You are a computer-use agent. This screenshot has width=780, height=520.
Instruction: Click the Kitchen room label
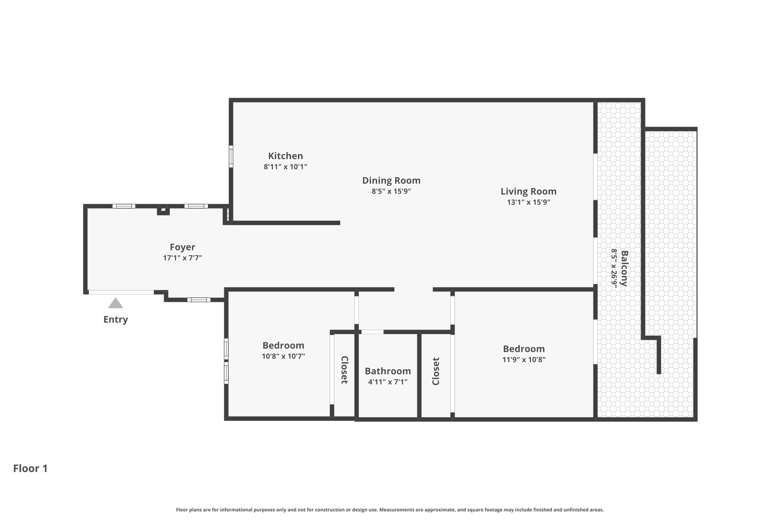285,156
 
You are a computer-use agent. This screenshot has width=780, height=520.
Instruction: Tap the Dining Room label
391,180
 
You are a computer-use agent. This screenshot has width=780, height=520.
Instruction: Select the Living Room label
528,191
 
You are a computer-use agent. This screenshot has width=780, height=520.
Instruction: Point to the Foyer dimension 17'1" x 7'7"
183,258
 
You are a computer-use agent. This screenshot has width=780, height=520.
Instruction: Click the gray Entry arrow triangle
115,303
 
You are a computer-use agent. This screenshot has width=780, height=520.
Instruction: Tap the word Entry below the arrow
115,319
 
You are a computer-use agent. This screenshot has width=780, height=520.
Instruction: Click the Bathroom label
388,371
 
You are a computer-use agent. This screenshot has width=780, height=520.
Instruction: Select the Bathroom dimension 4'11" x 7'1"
388,382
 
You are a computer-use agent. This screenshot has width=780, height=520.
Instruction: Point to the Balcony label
624,268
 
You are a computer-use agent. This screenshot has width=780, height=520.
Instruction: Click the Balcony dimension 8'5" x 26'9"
614,268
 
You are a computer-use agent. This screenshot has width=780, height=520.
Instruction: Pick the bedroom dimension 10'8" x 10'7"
283,356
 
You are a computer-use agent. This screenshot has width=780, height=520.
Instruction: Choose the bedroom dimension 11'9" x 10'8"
524,359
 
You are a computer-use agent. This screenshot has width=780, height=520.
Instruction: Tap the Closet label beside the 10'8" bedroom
345,370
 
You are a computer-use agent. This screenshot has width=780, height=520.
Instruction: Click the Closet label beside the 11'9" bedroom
436,371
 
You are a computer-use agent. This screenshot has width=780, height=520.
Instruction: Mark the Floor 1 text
30,468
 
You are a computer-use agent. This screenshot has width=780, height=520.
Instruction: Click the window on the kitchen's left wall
231,156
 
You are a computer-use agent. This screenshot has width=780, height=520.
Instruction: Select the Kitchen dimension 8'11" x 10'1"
285,167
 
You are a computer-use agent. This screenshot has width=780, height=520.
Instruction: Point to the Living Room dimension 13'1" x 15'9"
528,202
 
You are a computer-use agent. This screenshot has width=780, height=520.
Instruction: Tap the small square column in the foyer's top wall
163,211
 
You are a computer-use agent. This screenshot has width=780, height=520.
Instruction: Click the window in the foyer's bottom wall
199,300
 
